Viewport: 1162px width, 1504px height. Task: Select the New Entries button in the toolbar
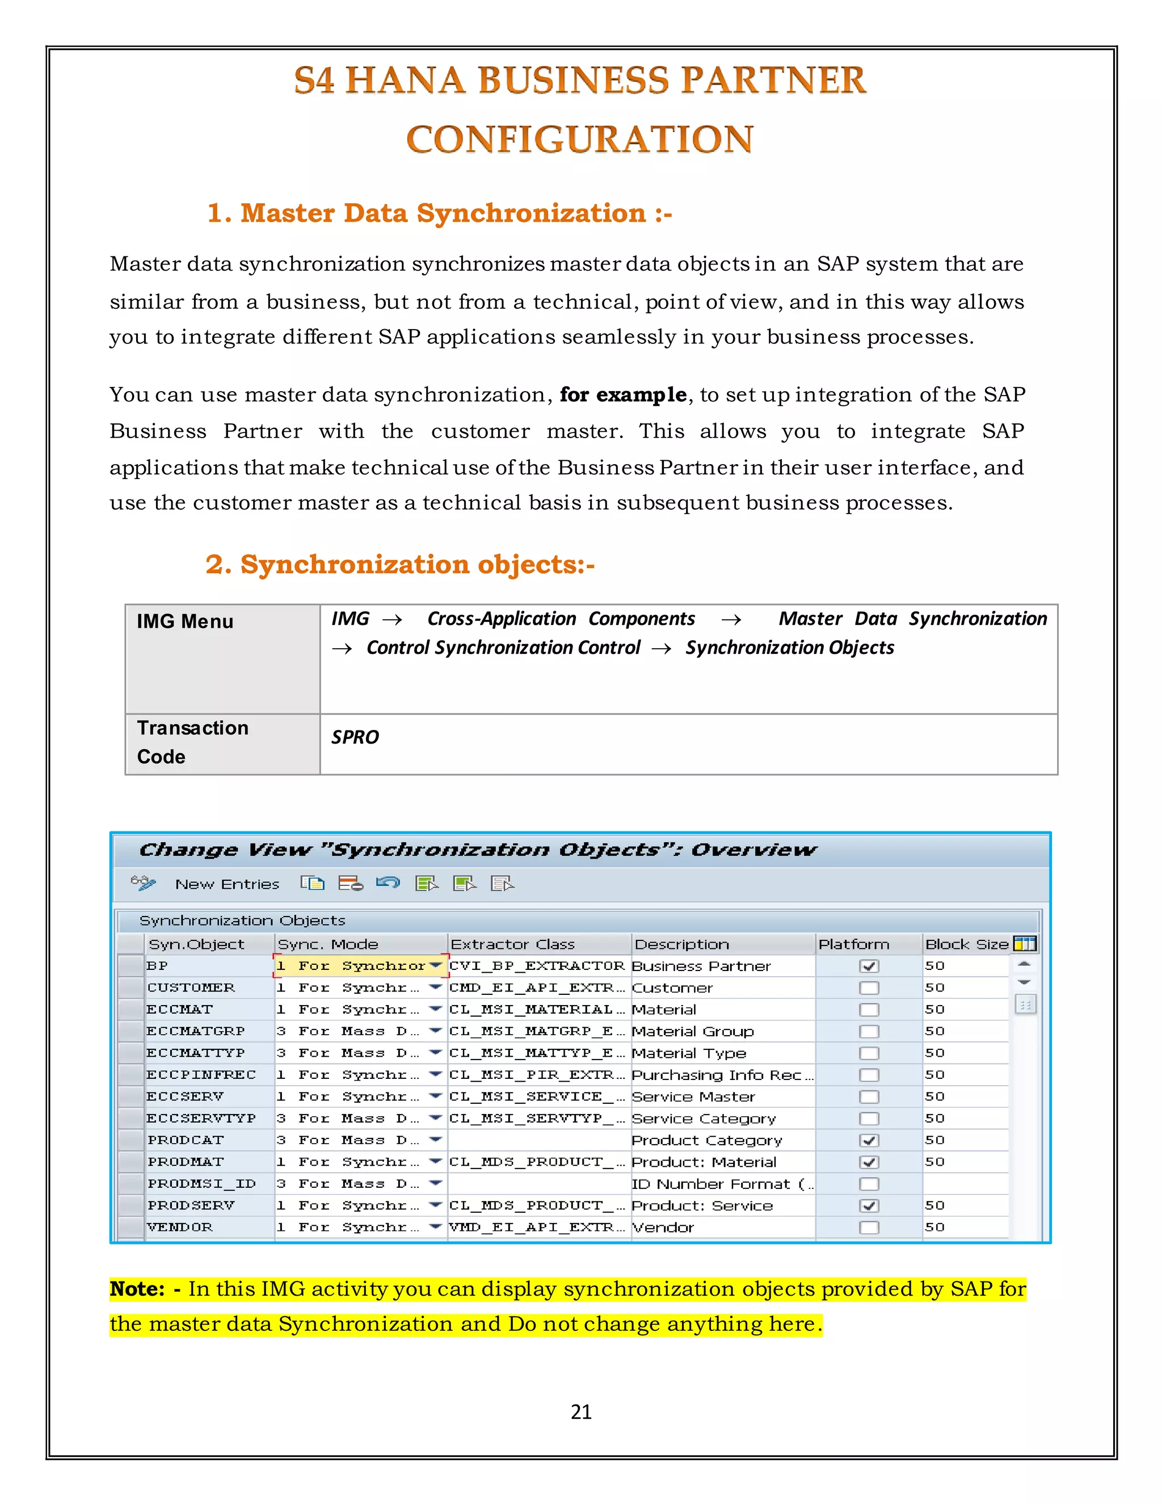227,884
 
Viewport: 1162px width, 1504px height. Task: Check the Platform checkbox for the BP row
869,966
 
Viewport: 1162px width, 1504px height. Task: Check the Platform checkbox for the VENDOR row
869,1227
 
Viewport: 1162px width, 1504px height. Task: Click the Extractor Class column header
513,944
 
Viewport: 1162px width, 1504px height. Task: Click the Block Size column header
966,944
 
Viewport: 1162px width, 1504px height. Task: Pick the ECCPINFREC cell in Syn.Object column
201,1074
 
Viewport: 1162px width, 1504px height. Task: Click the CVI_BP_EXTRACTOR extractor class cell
537,966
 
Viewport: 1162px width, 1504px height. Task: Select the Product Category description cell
707,1140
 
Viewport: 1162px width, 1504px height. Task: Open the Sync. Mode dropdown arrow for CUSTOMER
435,988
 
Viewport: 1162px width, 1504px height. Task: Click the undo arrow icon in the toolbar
388,883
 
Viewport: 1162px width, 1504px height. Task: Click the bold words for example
623,394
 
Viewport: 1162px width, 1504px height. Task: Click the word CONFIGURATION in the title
580,139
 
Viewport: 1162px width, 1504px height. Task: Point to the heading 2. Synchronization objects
400,565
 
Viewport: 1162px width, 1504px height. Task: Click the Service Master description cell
693,1097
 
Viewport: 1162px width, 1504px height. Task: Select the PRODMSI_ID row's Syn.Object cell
201,1184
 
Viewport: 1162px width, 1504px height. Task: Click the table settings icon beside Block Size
1024,944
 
